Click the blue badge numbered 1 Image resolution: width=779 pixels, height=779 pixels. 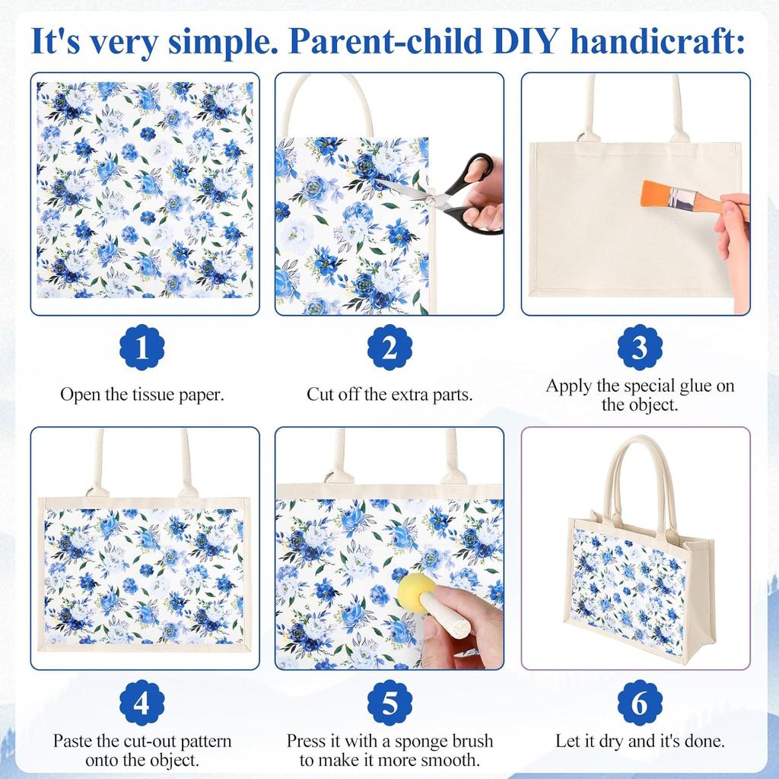(142, 347)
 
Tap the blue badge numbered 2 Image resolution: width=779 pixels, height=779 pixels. (389, 347)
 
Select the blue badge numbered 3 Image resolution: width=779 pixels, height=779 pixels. (639, 347)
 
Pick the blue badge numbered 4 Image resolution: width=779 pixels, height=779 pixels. (142, 703)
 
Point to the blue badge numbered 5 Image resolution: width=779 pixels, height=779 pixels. (389, 703)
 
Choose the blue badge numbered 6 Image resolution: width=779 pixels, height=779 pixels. (639, 703)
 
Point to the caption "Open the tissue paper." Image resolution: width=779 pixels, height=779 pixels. (142, 395)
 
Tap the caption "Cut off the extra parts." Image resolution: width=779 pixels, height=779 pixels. (389, 395)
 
